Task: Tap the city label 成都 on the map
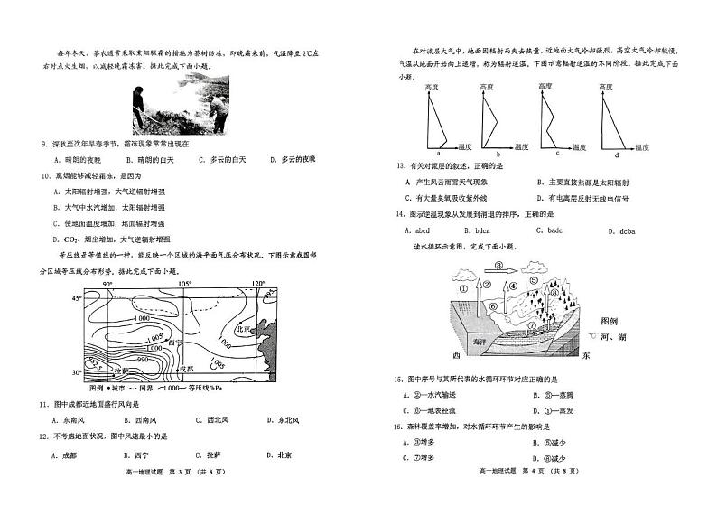186,369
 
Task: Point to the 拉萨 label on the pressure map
123,370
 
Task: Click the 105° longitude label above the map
185,284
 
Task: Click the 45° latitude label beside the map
77,296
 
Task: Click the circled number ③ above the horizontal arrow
499,266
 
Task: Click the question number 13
400,165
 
